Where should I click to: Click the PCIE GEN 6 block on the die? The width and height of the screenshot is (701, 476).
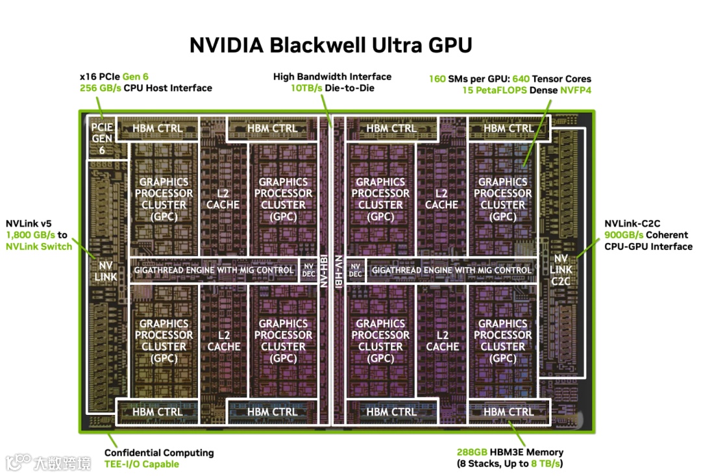tap(102, 138)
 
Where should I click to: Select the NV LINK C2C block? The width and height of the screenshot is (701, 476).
tap(561, 269)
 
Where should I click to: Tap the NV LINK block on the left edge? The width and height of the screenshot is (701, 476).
tap(106, 271)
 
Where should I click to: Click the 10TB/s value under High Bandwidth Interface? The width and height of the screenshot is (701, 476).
tap(306, 88)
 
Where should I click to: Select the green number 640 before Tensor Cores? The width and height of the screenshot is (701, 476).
tap(521, 79)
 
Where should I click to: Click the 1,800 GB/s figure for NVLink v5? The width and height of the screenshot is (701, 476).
tap(31, 234)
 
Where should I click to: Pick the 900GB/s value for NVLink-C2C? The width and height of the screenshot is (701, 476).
tap(624, 234)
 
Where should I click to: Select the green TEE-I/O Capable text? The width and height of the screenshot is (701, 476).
tap(141, 464)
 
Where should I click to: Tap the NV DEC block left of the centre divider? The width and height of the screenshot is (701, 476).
tap(309, 269)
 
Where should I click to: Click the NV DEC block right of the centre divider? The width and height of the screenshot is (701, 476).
tap(355, 269)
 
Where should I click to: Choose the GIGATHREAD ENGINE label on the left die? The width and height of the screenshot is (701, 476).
tap(214, 269)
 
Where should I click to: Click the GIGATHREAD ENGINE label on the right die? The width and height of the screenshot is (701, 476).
tap(451, 269)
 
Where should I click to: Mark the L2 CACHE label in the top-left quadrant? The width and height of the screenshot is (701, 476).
tap(223, 199)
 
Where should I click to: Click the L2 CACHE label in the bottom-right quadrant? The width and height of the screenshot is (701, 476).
tap(442, 341)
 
